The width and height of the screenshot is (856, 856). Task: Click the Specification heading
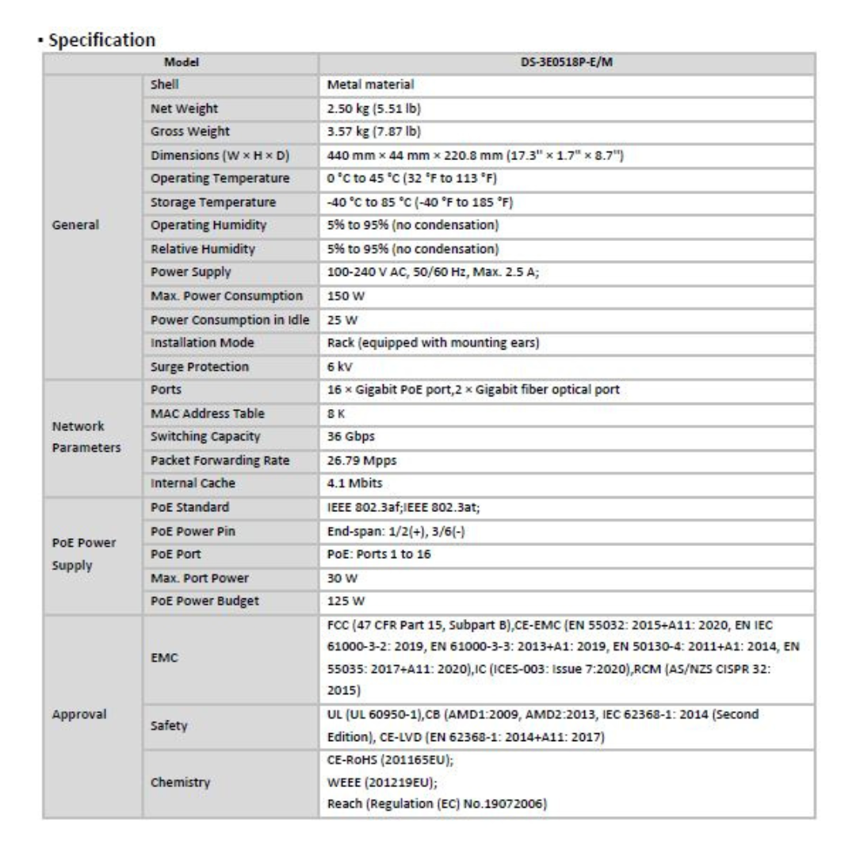coord(101,40)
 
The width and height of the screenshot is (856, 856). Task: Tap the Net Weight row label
coord(184,107)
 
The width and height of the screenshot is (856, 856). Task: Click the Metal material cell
coord(371,84)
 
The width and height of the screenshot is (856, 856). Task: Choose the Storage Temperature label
coord(212,201)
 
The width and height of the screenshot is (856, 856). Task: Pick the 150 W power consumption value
coord(343,296)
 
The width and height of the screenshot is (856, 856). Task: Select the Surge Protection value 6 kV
coord(340,366)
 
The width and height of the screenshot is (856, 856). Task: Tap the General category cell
coord(76,225)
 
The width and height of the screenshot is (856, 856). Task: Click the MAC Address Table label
coord(207,413)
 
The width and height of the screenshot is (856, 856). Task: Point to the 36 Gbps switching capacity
coord(352,437)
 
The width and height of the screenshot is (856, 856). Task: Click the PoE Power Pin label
coord(193,530)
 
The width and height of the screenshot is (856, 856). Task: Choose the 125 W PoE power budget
coord(346,601)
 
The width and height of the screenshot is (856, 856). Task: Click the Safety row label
coord(168,724)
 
